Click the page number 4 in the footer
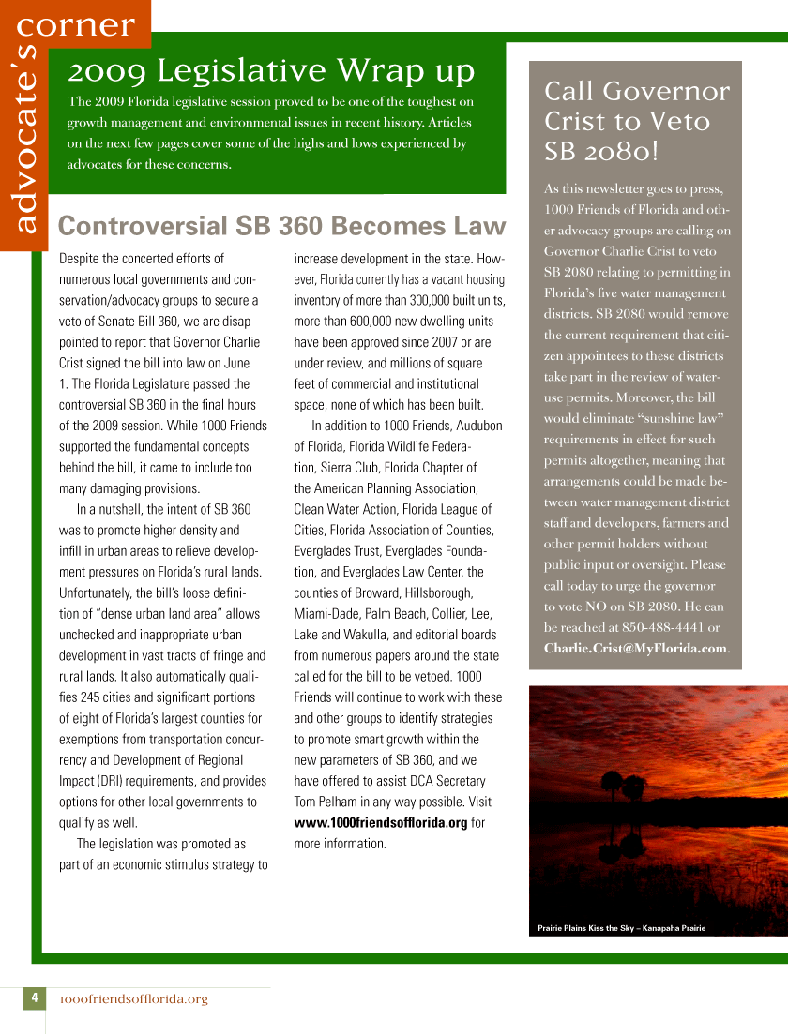[33, 998]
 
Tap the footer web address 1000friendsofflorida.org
[133, 999]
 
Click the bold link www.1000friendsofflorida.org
[380, 822]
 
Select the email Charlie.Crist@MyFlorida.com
[635, 648]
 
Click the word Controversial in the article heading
[130, 226]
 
